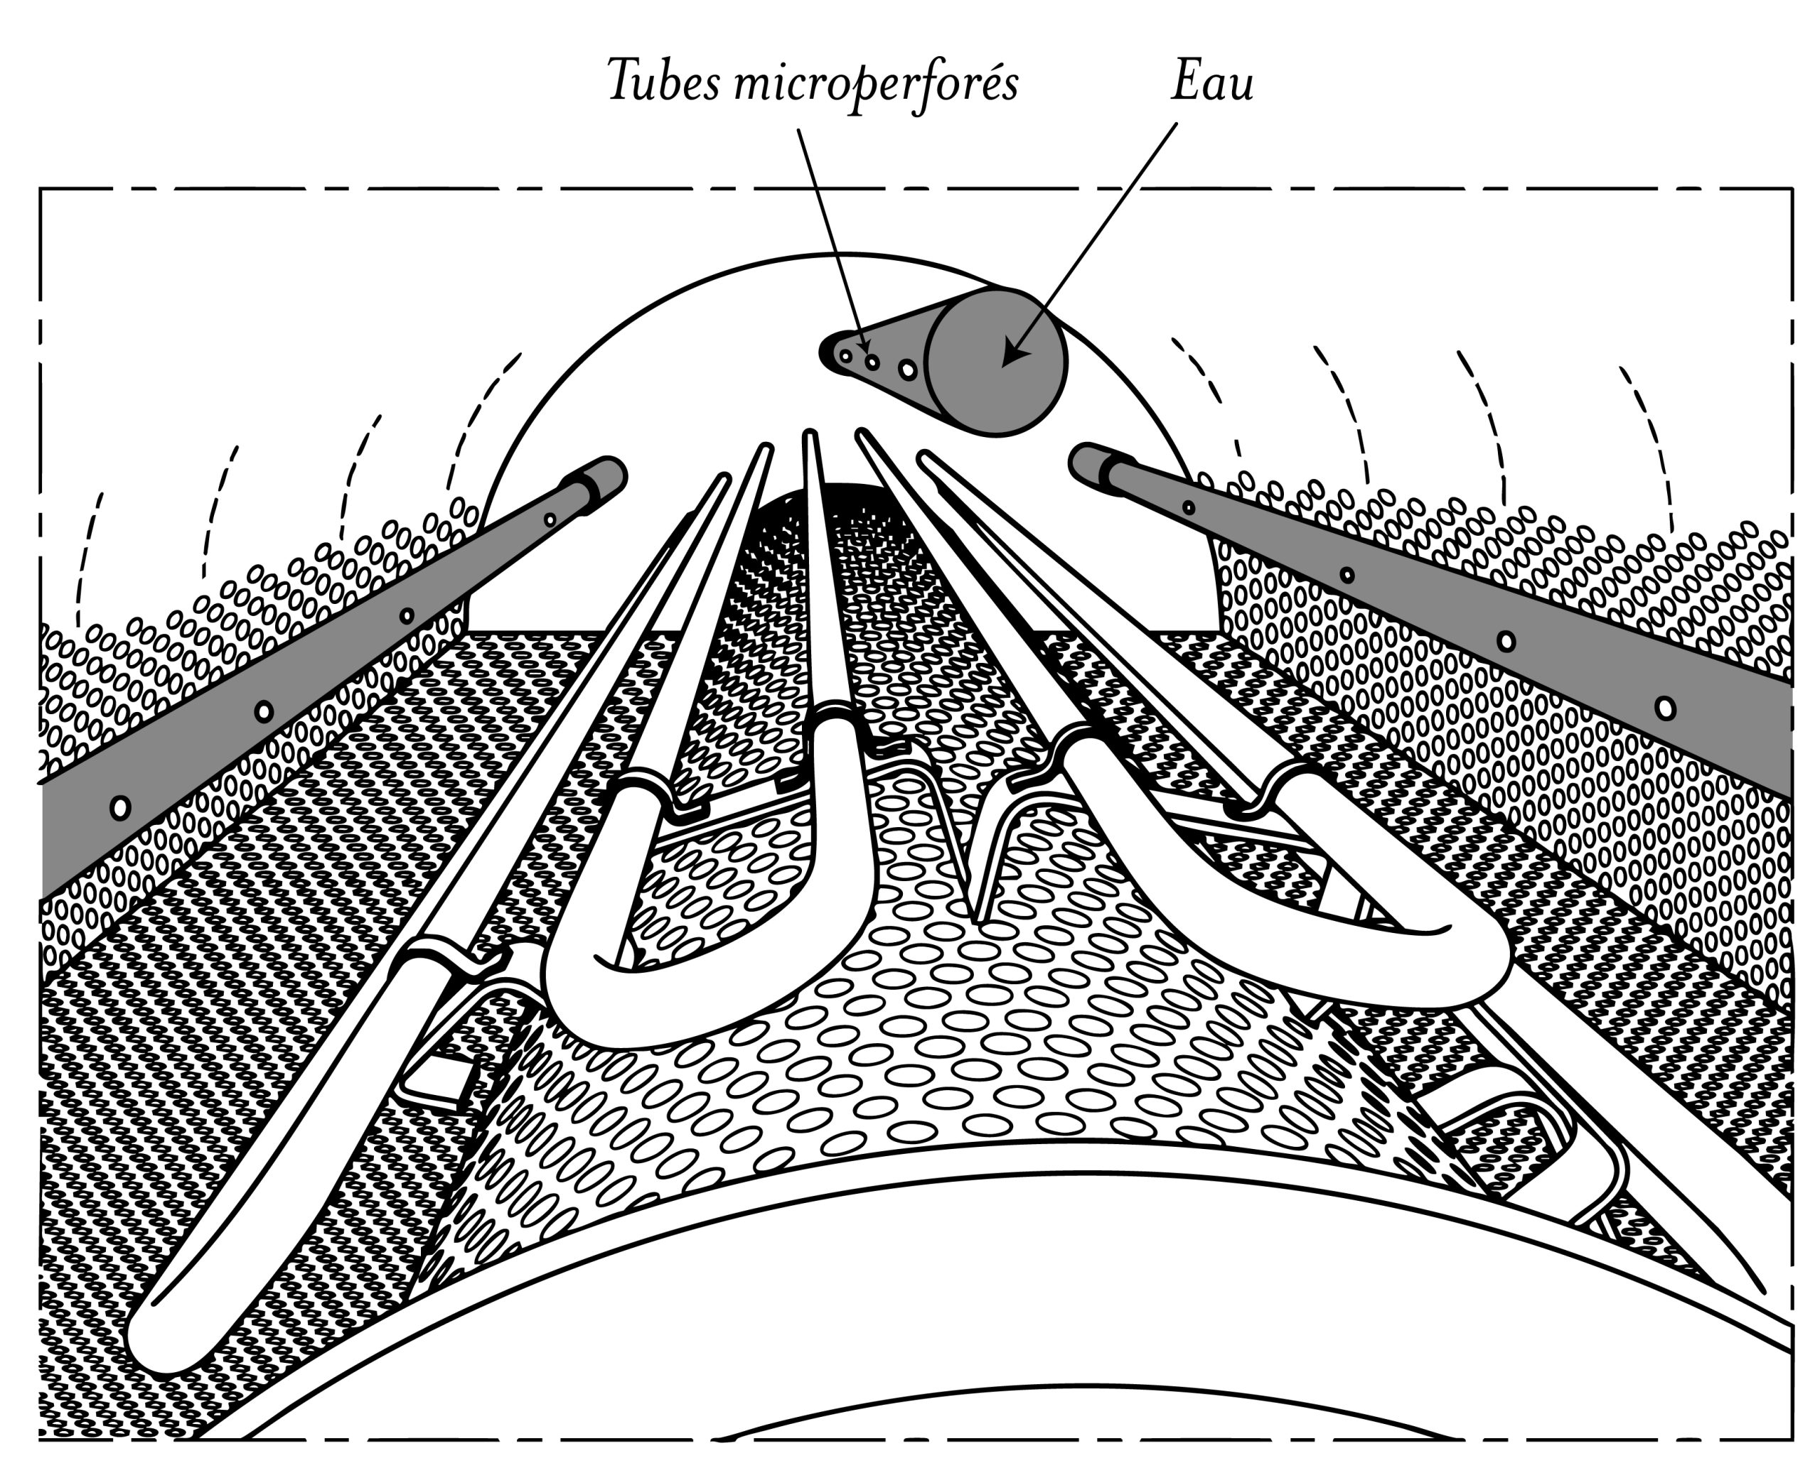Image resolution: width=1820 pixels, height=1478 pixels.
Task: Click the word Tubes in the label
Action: (x=663, y=82)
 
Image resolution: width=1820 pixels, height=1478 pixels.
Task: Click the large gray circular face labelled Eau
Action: (x=995, y=362)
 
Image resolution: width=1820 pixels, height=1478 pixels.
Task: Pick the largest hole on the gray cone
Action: (x=908, y=369)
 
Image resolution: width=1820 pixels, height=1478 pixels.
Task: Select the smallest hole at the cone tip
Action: (x=846, y=357)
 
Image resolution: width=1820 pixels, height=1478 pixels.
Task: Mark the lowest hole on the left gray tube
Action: (x=121, y=807)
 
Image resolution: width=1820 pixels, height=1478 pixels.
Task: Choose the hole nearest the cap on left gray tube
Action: (x=550, y=519)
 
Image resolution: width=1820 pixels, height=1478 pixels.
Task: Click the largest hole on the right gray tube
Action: (x=1666, y=708)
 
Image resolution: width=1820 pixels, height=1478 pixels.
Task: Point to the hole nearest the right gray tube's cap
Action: (x=1188, y=508)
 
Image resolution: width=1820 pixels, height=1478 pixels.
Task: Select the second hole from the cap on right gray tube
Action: (x=1347, y=575)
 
